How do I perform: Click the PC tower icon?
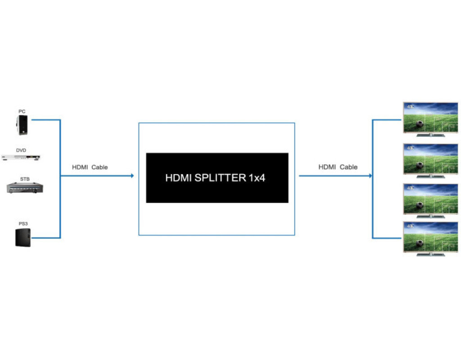(22, 125)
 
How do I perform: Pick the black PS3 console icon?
(23, 237)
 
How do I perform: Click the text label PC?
(22, 111)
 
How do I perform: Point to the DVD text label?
(21, 150)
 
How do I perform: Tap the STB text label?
(24, 179)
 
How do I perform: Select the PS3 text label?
(23, 223)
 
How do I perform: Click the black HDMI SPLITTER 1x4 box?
(217, 178)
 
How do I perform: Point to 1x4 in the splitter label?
(257, 178)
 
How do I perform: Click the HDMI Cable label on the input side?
(90, 167)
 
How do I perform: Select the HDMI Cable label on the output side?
(338, 167)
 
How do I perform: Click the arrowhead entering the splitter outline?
(132, 175)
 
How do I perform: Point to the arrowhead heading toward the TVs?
(371, 175)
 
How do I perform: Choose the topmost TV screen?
(430, 118)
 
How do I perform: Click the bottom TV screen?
(430, 237)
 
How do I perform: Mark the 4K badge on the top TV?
(410, 107)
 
